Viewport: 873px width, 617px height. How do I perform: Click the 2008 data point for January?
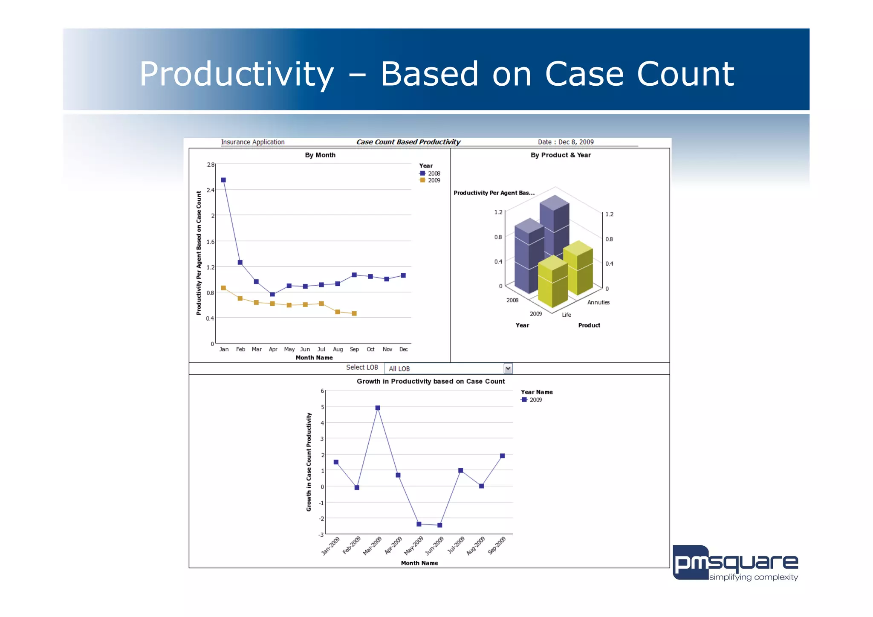pyautogui.click(x=223, y=180)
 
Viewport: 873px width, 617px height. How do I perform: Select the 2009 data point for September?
pyautogui.click(x=354, y=313)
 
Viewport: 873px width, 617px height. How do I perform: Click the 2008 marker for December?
pyautogui.click(x=403, y=275)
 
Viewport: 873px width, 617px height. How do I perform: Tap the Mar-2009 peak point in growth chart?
pyautogui.click(x=378, y=408)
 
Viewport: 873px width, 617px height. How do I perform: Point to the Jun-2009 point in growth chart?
pyautogui.click(x=440, y=525)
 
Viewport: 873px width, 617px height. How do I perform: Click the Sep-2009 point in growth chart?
pyautogui.click(x=503, y=456)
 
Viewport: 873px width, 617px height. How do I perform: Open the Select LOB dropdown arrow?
pyautogui.click(x=508, y=368)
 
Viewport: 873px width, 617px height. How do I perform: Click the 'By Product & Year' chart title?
pyautogui.click(x=561, y=155)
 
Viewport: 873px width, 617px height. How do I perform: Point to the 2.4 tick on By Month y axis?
pyautogui.click(x=211, y=190)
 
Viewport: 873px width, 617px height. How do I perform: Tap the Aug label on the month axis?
pyautogui.click(x=338, y=349)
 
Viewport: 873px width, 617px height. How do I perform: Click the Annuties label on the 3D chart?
pyautogui.click(x=598, y=302)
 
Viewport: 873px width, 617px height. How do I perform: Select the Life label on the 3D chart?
pyautogui.click(x=566, y=315)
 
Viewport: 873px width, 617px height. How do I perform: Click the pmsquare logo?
pyautogui.click(x=735, y=563)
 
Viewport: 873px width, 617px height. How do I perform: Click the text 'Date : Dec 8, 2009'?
pyautogui.click(x=566, y=142)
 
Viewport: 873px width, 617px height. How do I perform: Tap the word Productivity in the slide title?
pyautogui.click(x=237, y=74)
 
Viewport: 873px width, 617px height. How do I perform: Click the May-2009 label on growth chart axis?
pyautogui.click(x=413, y=546)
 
